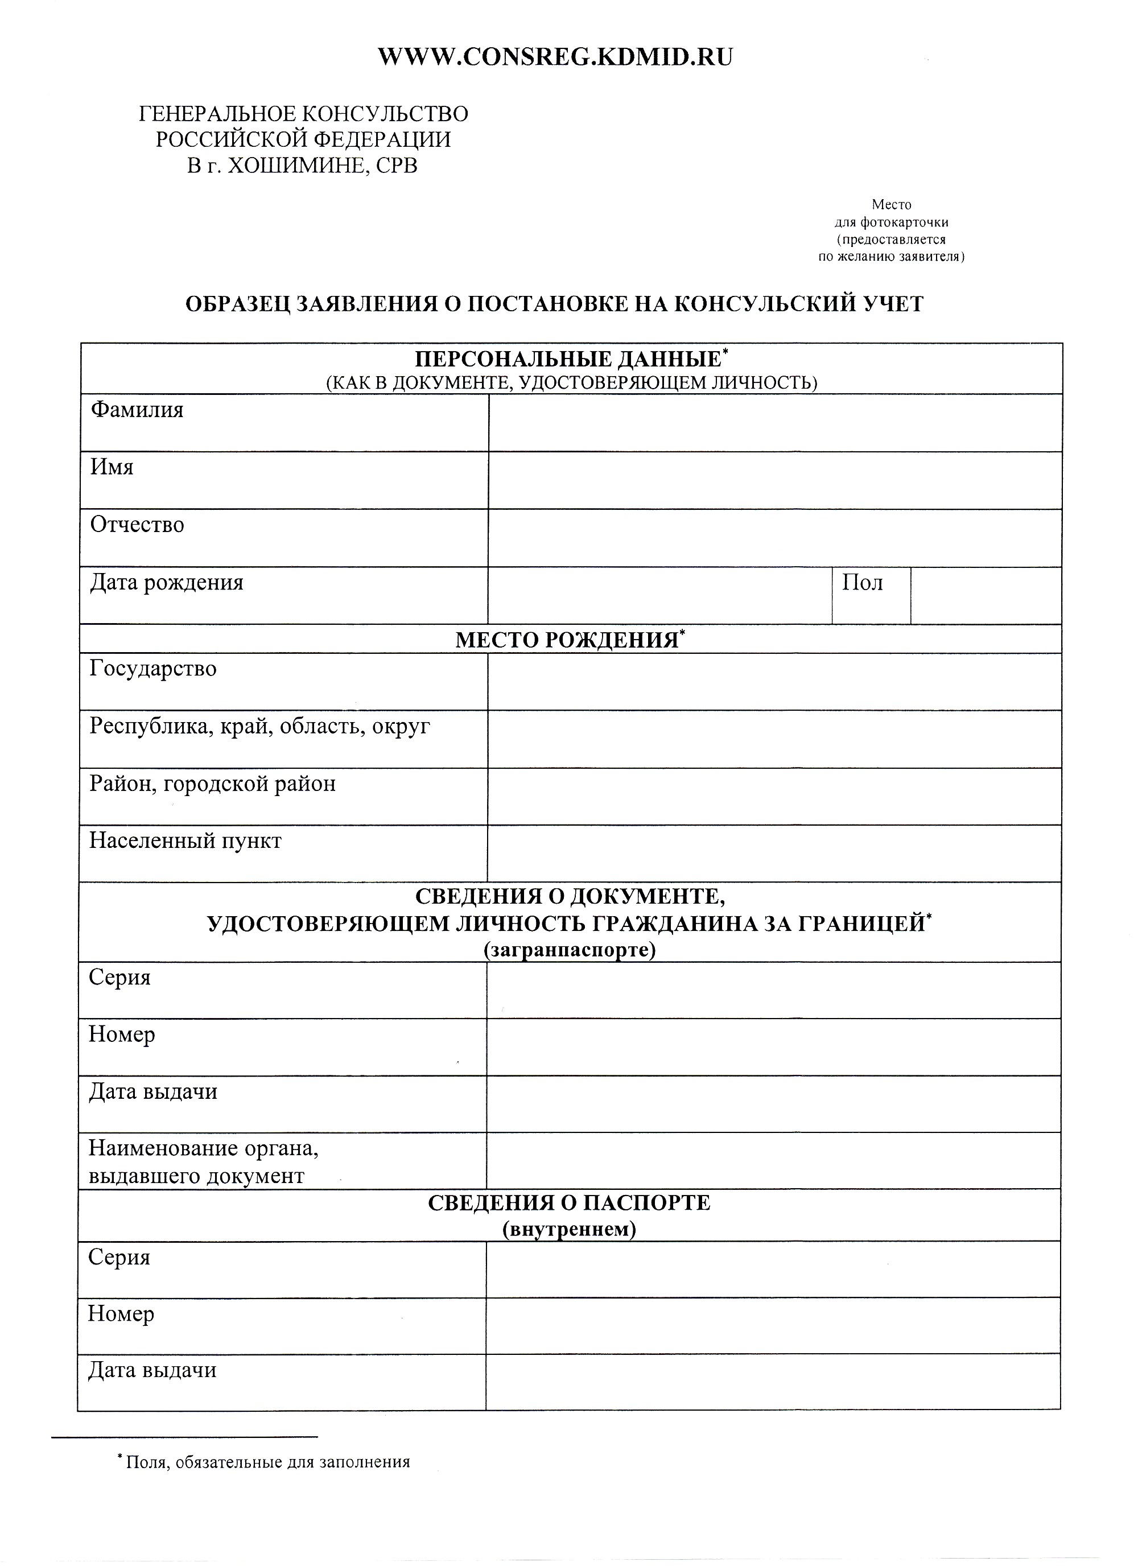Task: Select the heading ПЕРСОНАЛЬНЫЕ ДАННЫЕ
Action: point(568,359)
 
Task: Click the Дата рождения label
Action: point(166,583)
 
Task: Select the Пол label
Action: point(862,583)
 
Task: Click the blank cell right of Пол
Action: point(986,596)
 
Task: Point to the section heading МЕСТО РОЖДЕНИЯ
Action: point(566,640)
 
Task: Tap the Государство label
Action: point(152,669)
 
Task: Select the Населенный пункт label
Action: point(185,841)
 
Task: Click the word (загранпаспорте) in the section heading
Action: point(569,950)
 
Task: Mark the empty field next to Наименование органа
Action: point(773,1160)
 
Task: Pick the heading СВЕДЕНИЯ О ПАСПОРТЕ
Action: point(568,1203)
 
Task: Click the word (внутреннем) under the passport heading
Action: point(569,1229)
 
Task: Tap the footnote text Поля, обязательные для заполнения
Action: point(268,1462)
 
